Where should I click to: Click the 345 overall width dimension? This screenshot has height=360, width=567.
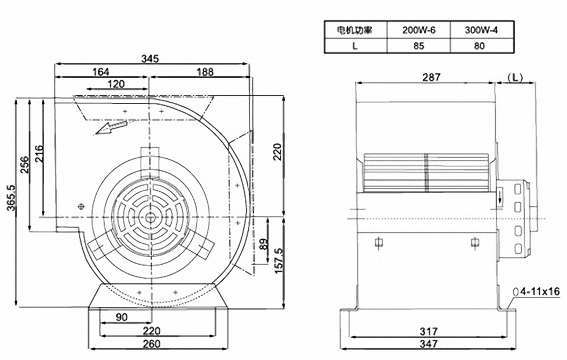150,59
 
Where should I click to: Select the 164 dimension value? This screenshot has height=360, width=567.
101,72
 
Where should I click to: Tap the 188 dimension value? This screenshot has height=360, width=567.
205,72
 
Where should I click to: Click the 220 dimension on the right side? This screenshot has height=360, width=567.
278,152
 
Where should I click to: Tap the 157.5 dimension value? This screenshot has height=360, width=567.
278,262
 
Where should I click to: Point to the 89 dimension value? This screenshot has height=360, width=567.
264,243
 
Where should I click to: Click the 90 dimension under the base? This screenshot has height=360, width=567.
121,317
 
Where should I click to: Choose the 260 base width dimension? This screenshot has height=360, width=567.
151,344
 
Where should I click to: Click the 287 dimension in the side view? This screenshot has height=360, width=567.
431,77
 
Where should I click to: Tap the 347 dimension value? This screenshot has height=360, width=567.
429,344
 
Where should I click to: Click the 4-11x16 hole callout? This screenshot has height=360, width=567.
537,292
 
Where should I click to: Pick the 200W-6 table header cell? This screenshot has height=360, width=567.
419,30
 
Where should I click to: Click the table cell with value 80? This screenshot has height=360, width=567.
480,46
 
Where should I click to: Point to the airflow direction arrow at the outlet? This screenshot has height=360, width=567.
111,128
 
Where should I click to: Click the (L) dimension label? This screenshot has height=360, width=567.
515,78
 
